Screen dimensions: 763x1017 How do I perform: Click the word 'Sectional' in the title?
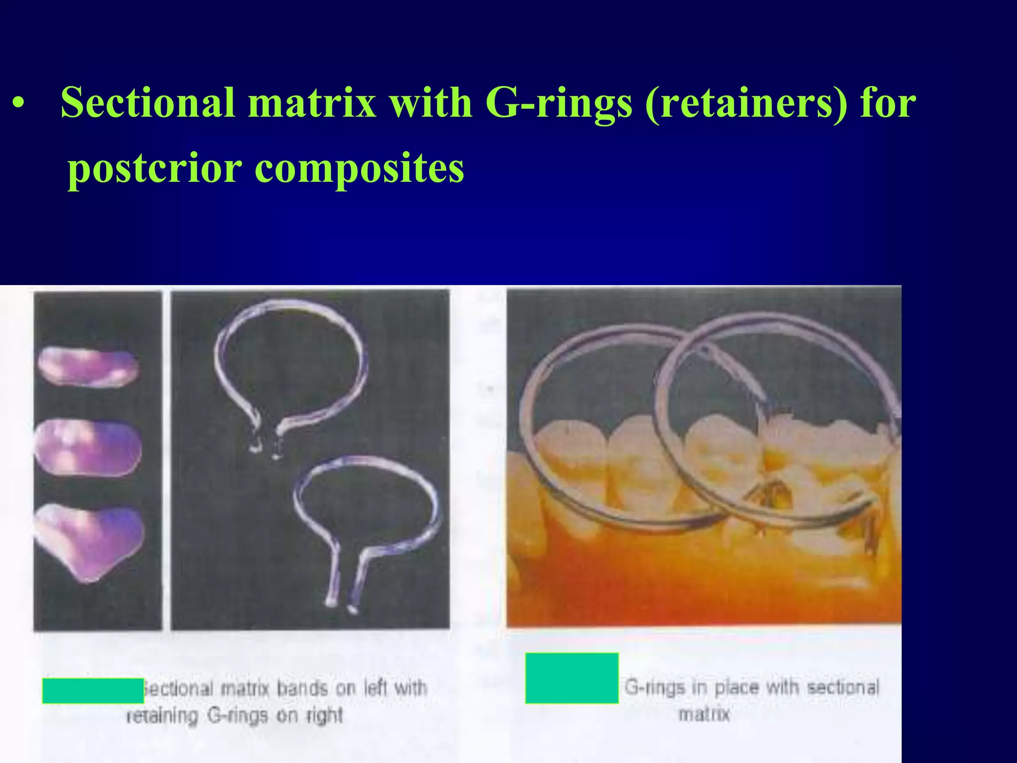pos(147,103)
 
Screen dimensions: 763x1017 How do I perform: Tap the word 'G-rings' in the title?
pos(559,103)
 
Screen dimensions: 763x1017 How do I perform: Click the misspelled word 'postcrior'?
pos(154,169)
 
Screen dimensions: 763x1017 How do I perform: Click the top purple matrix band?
pos(88,367)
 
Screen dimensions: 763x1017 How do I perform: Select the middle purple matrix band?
pos(88,448)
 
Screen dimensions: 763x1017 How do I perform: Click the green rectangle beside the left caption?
pos(93,690)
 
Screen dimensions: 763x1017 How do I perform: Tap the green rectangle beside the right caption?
pos(572,678)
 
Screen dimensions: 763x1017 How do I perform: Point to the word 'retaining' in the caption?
pos(162,716)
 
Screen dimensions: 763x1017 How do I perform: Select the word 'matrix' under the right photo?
pos(704,714)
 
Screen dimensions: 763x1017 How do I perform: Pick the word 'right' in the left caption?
pos(324,716)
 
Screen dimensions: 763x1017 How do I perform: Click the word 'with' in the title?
pos(430,103)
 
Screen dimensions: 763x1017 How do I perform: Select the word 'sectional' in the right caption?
pos(843,687)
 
